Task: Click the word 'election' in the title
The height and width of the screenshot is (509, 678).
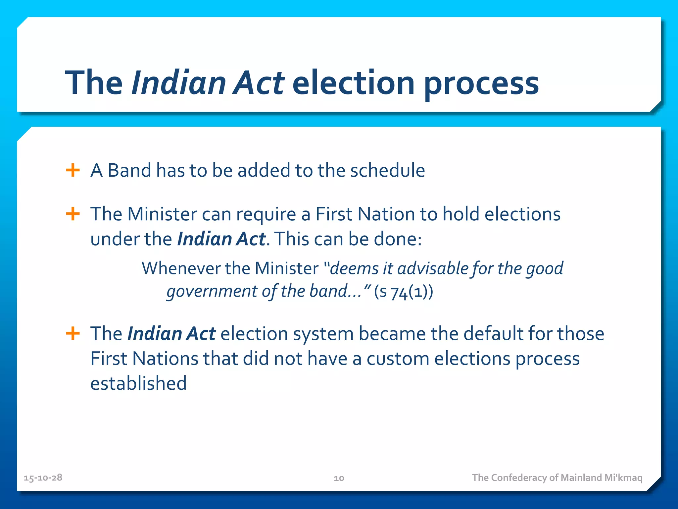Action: [353, 83]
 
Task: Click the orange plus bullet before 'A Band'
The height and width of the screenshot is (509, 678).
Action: [73, 170]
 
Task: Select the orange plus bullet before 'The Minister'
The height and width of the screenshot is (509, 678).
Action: [73, 214]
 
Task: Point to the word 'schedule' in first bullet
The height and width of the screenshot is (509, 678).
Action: [387, 170]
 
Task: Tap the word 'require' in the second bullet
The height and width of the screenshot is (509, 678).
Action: [266, 215]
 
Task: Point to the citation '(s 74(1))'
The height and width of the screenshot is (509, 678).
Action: [403, 292]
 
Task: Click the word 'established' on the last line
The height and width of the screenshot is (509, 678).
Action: [138, 383]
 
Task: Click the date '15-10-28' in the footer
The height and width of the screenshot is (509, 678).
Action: [43, 478]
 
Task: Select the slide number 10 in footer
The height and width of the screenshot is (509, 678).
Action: [339, 478]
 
